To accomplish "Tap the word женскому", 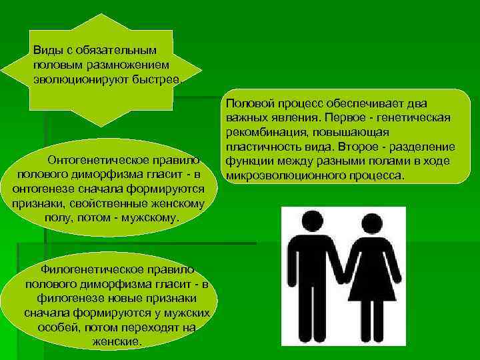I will (x=187, y=203).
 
